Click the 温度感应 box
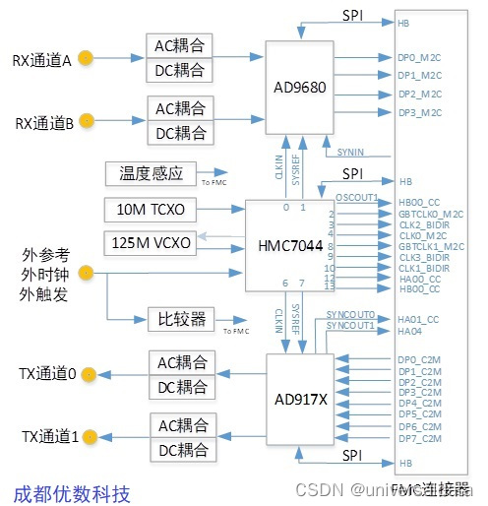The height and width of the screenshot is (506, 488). [x=151, y=173]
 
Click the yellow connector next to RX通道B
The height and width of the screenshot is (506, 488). [x=87, y=121]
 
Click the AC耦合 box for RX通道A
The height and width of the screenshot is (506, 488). [x=180, y=45]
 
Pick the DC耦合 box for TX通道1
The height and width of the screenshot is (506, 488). [x=180, y=451]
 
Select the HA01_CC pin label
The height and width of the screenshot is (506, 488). [x=417, y=318]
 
